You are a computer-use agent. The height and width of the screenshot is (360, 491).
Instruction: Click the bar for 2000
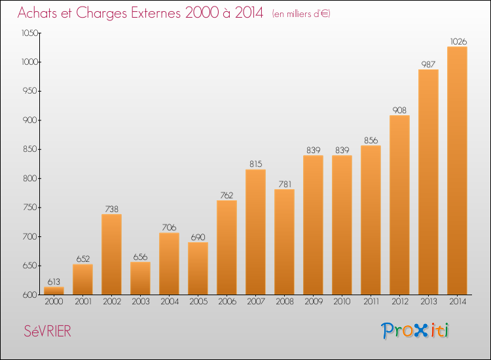tap(54, 291)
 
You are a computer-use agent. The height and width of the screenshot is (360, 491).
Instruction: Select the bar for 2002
tap(111, 255)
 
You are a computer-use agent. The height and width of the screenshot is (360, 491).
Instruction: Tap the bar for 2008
tap(284, 242)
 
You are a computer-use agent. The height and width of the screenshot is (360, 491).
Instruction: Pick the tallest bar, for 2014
tap(457, 171)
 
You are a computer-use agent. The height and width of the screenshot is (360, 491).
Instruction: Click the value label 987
tap(428, 65)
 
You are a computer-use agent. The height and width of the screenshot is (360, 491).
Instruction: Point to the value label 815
tap(255, 164)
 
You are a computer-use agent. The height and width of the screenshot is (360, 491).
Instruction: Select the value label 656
tap(140, 257)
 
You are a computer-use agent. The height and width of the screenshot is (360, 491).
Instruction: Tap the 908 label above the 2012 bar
tap(399, 110)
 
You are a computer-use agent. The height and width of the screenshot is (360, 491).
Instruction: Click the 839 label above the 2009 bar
tap(313, 151)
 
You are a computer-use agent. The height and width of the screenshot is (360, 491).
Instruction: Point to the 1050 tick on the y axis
tap(29, 33)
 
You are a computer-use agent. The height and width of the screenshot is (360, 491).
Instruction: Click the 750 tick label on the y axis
tap(30, 207)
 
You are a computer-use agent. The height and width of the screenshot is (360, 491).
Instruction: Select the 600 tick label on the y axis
tap(30, 295)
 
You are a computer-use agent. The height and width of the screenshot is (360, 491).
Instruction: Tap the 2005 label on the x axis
tap(198, 302)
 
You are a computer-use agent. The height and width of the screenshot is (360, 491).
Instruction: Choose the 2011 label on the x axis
tap(371, 302)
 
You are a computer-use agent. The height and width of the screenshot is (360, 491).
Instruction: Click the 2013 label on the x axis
tap(428, 302)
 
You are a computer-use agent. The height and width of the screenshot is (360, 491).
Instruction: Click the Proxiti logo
tap(415, 331)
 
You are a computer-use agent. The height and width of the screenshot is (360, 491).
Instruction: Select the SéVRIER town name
tap(48, 331)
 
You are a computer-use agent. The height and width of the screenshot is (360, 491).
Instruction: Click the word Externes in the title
tap(156, 12)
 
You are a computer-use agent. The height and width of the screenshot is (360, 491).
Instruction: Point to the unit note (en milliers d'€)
tap(301, 14)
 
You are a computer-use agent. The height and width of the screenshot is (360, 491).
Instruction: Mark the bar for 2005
tap(198, 268)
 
